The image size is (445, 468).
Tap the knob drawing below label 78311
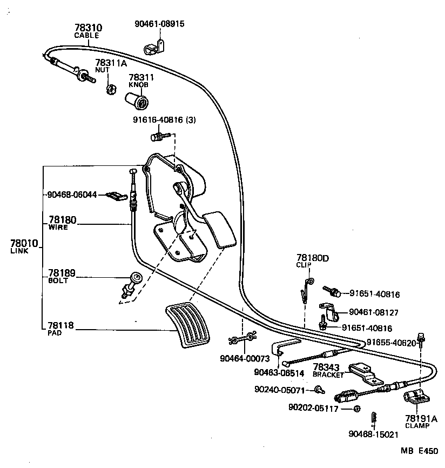(x=139, y=101)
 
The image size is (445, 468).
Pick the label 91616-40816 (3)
(x=164, y=120)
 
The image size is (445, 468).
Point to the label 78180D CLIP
(x=312, y=259)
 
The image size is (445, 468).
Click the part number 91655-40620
(x=391, y=343)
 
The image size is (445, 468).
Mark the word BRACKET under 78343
(x=328, y=375)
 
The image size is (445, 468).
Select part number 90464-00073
(x=244, y=357)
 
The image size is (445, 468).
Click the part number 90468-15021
(x=373, y=433)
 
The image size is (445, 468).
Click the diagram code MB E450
(x=420, y=450)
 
